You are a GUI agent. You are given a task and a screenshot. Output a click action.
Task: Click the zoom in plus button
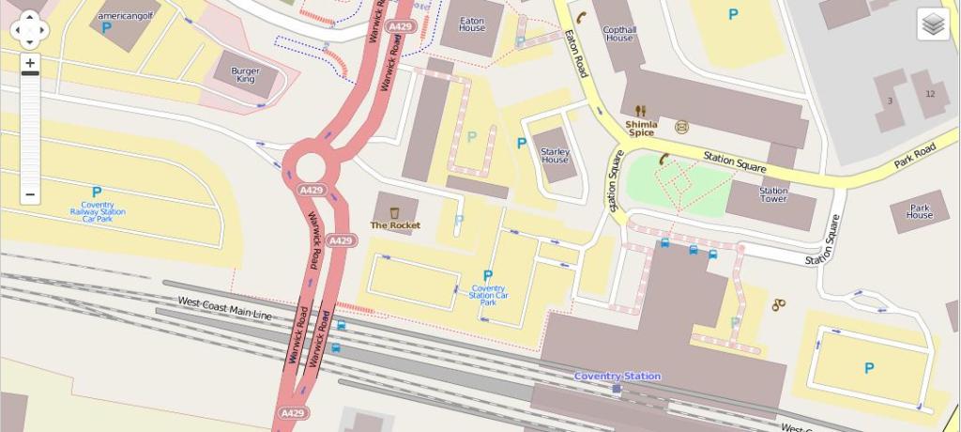tap(30, 64)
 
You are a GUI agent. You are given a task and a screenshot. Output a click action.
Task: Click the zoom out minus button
tap(30, 195)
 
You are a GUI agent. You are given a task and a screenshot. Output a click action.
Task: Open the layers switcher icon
tap(933, 24)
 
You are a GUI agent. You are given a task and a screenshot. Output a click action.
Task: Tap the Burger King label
tap(245, 75)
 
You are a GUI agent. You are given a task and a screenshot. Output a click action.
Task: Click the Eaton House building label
tap(472, 23)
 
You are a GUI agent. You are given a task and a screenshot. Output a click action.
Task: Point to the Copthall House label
tap(619, 34)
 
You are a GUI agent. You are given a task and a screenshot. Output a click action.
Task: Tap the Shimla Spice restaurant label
tap(641, 129)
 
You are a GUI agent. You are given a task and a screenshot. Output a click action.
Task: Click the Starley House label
tap(555, 156)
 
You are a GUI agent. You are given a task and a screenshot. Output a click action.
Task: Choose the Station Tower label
tap(773, 195)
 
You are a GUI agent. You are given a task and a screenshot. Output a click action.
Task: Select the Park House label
tap(920, 211)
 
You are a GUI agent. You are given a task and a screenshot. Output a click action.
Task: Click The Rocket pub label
tap(395, 225)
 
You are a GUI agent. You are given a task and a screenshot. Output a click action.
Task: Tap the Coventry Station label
tap(618, 376)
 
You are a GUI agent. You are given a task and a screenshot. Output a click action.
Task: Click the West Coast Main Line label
tap(224, 308)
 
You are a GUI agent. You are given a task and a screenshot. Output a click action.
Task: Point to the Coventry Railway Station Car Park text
tap(98, 211)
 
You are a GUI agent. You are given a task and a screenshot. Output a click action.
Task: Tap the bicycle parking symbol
tap(778, 304)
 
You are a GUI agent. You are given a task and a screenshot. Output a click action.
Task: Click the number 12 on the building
tap(930, 94)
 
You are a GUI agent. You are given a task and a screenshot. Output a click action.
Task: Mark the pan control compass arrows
tap(30, 29)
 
